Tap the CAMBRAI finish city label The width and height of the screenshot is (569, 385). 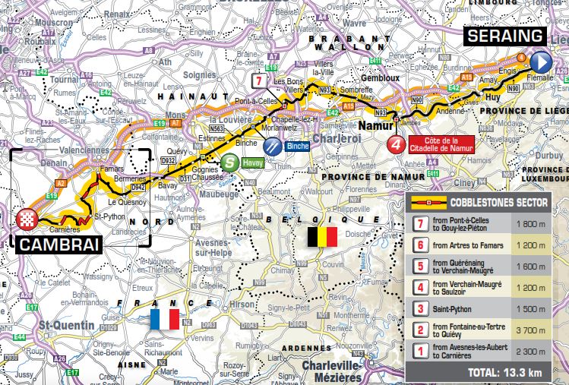click(57, 245)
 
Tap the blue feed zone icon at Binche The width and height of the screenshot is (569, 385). click(273, 147)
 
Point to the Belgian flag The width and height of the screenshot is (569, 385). click(321, 238)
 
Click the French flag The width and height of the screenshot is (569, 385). click(165, 318)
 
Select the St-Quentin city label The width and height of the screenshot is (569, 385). click(68, 325)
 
